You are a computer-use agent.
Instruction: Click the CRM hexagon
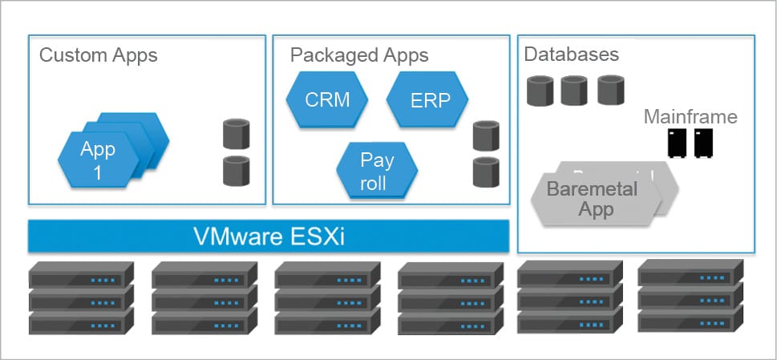click(x=327, y=100)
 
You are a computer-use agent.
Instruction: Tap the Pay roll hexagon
click(x=377, y=171)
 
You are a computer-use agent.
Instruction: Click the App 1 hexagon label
click(x=98, y=160)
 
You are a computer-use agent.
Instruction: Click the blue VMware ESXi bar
click(x=269, y=237)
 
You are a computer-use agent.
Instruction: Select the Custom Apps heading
click(x=99, y=55)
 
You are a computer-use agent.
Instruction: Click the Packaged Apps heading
click(x=359, y=55)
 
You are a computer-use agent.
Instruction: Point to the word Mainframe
click(x=690, y=118)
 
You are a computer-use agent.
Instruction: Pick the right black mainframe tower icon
click(x=704, y=143)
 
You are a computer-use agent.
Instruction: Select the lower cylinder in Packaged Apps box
click(x=487, y=172)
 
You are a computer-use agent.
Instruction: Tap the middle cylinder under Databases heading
click(x=574, y=91)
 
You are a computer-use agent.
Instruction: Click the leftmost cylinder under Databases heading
click(x=540, y=91)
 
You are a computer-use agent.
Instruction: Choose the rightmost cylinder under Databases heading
click(x=611, y=90)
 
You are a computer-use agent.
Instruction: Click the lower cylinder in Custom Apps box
click(x=236, y=170)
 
